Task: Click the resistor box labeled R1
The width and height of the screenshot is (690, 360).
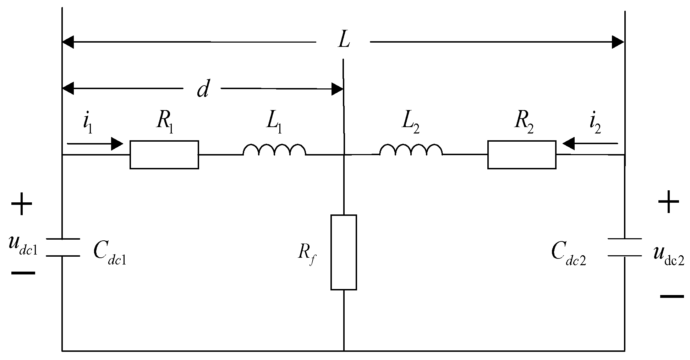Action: point(164,154)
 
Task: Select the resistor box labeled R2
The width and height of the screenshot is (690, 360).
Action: point(521,154)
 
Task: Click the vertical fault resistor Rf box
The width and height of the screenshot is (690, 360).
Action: point(344,252)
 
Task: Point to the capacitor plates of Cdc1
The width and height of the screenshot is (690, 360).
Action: point(62,247)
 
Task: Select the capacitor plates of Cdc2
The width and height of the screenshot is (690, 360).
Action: point(624,247)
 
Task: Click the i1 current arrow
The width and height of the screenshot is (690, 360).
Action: point(94,144)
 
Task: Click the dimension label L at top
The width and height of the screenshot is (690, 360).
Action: point(344,42)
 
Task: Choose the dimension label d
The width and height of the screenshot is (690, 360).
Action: point(203,89)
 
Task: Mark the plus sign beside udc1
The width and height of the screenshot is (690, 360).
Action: point(22,204)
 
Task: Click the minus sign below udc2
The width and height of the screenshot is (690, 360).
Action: point(672,296)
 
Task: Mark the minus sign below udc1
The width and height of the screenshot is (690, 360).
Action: point(23,273)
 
